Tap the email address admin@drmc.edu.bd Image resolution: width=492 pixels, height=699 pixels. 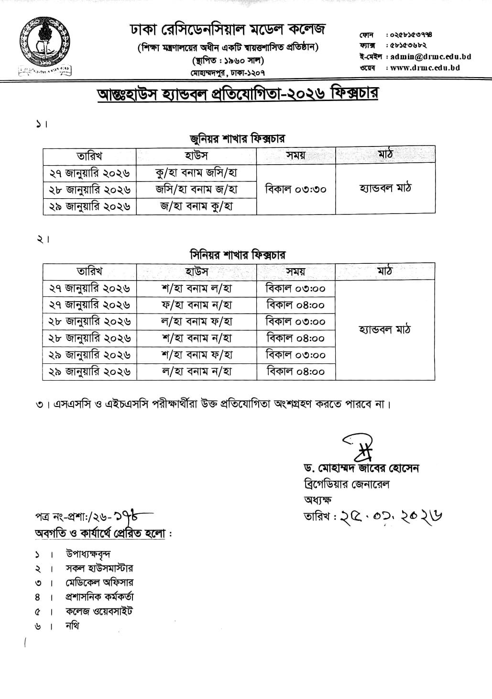(430, 56)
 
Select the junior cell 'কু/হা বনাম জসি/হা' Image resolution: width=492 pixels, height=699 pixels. (197, 172)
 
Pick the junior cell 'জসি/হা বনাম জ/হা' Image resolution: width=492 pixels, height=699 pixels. (197, 189)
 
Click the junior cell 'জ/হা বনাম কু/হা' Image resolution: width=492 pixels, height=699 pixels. (197, 206)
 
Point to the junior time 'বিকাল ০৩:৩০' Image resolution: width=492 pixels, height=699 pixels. (295, 189)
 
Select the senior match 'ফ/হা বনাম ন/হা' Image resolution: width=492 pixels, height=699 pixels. (197, 305)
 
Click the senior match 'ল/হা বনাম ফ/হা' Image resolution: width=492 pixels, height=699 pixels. (197, 322)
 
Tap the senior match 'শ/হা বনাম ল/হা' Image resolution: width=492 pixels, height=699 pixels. (197, 289)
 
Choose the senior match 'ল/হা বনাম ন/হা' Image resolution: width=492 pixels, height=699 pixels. (197, 371)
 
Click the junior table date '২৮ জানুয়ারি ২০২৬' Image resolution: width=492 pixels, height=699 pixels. (90, 190)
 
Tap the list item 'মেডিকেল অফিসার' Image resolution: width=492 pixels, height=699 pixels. (99, 583)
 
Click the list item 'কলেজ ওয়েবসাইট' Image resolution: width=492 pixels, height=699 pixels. (99, 611)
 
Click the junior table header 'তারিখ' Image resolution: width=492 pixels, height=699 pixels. (90, 156)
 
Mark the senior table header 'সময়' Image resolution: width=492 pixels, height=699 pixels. (295, 271)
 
